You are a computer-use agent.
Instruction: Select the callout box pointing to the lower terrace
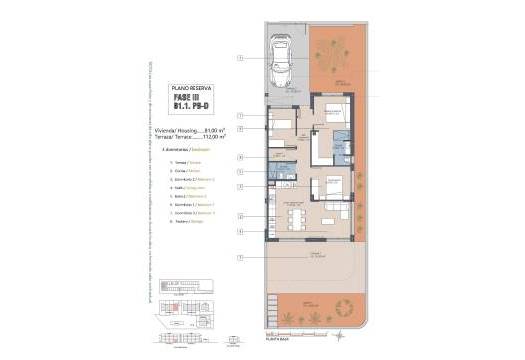[240, 257]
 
